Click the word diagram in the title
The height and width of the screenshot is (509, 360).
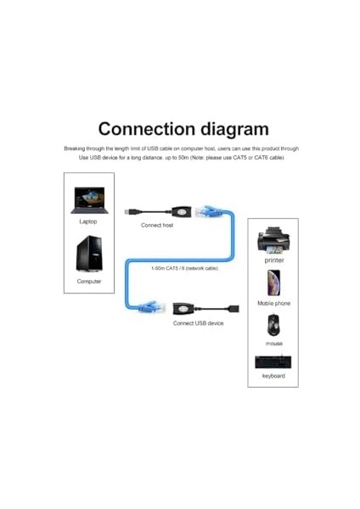(x=231, y=130)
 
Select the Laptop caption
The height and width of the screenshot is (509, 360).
(x=88, y=221)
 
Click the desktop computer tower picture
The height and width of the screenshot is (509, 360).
(x=89, y=255)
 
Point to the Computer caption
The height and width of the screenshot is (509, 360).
(x=89, y=281)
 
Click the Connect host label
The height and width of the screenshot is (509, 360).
(x=157, y=226)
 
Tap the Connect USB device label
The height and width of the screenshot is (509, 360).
(x=198, y=323)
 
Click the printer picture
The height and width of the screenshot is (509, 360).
(x=273, y=241)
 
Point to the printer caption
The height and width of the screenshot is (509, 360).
(x=273, y=260)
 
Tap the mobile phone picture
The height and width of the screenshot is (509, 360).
(x=273, y=283)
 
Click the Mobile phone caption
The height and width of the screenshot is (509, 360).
(x=273, y=303)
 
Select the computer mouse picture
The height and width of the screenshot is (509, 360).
(x=273, y=325)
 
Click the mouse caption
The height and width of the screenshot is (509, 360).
(x=273, y=344)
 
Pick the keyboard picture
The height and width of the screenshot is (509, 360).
(x=273, y=362)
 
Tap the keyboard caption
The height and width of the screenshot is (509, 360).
(x=273, y=376)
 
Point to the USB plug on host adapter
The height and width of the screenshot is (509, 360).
(x=129, y=209)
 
